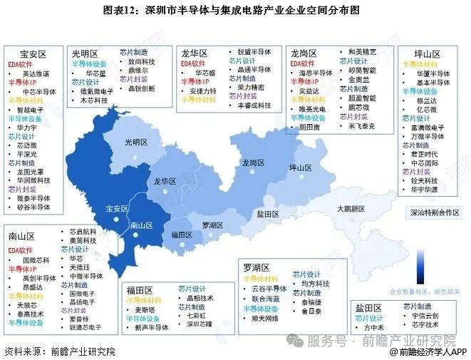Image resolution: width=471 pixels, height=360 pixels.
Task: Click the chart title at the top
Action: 235,10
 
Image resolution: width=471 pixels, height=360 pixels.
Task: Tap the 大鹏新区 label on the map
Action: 351,209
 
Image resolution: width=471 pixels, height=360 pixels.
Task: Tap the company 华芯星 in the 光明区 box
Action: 95,73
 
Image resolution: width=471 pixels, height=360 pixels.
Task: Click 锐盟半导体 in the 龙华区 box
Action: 254,51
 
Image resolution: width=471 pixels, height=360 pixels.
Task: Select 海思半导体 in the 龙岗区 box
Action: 316,73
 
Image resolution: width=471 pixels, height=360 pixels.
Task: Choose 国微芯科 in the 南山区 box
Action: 36,261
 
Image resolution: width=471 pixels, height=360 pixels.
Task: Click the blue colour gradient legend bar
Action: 418,265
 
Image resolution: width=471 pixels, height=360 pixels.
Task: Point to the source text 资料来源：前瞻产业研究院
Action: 51,351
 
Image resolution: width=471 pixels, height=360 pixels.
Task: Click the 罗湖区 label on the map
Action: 212,225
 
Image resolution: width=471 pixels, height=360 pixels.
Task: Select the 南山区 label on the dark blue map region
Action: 141,226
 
